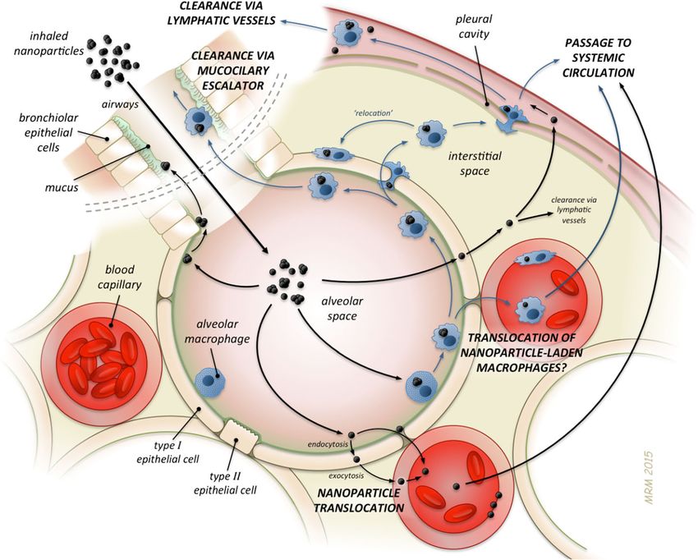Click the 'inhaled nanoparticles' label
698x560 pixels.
click(48, 43)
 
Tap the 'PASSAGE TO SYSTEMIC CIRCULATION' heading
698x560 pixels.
click(598, 57)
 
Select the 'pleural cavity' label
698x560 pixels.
click(474, 26)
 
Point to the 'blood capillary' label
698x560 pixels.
click(120, 277)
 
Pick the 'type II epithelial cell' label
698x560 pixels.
click(226, 484)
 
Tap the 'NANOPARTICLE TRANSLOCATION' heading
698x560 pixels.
click(359, 500)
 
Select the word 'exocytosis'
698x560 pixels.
click(347, 475)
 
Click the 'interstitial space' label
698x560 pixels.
click(475, 163)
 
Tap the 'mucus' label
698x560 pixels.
click(62, 187)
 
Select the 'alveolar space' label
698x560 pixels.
click(342, 308)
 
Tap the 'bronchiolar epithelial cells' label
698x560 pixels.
click(49, 132)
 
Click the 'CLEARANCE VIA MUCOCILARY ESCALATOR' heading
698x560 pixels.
click(233, 71)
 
